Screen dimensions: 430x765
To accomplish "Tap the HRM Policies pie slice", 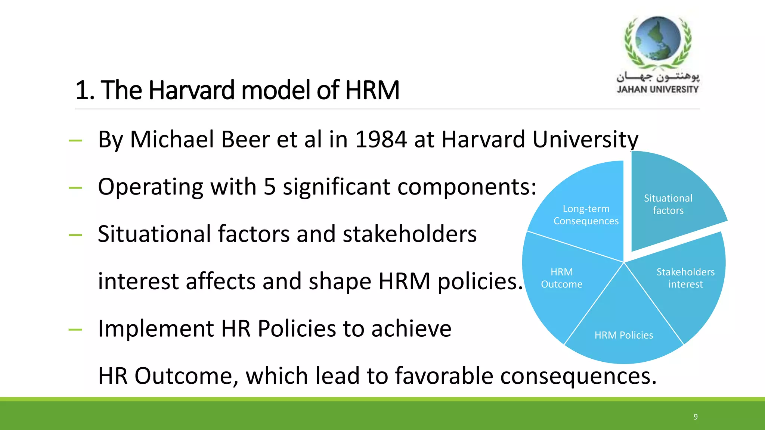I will point(624,328).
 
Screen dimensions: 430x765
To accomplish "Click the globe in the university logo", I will point(658,38).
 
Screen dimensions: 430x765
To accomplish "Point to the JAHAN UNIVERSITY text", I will point(657,90).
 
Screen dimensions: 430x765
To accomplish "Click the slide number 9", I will point(696,417).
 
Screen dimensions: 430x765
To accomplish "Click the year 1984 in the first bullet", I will point(381,140).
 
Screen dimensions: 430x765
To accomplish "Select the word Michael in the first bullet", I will point(172,140).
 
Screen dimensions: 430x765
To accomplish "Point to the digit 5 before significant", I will point(270,187).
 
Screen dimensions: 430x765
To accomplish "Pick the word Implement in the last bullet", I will point(155,329).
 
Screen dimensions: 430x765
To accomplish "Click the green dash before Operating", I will point(75,188).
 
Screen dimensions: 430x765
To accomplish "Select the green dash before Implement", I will point(75,330).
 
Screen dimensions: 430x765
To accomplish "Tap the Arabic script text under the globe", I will point(657,77).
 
